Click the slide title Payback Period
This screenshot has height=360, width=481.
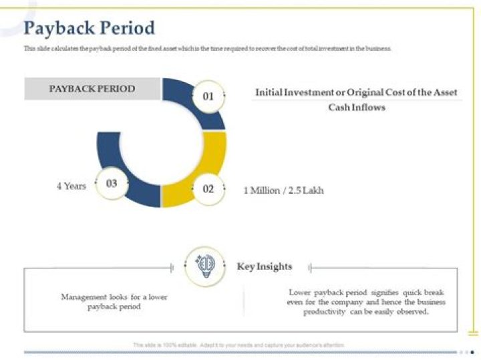pos(89,28)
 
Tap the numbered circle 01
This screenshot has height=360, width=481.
pos(208,96)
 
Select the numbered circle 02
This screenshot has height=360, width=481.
pos(208,189)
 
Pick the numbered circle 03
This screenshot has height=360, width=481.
pos(112,184)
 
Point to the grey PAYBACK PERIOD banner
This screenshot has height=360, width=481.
pos(92,89)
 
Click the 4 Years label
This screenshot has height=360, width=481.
pos(71,186)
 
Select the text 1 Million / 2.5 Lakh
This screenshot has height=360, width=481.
pos(283,190)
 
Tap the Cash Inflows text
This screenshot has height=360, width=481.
pos(357,108)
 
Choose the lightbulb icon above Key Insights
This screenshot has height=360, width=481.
pos(204,266)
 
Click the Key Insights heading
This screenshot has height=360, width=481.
pos(265,266)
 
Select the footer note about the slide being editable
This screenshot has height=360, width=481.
pos(238,345)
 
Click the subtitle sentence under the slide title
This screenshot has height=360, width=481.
pos(207,49)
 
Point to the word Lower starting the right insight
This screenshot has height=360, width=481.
pos(301,293)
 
